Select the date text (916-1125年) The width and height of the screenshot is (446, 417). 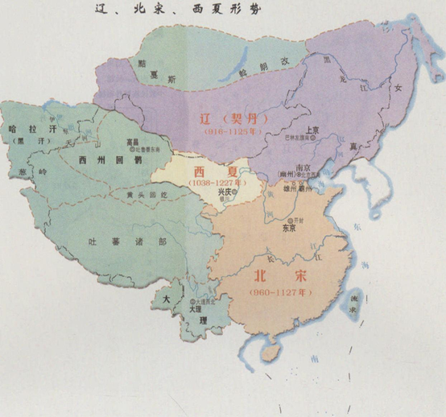point(238,132)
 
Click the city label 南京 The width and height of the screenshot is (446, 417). point(304,170)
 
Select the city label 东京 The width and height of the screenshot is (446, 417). point(289,227)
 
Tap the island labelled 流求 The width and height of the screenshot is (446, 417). point(369,302)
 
